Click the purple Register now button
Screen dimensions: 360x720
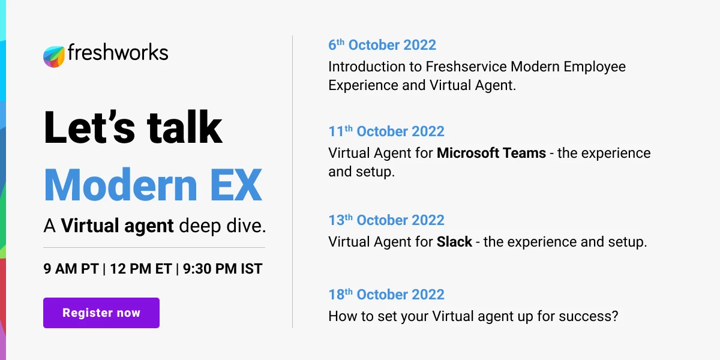click(101, 313)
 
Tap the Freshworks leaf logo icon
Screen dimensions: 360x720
click(54, 56)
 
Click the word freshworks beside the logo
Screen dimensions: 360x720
click(118, 53)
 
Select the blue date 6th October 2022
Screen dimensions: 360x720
click(382, 45)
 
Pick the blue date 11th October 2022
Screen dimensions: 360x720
click(386, 131)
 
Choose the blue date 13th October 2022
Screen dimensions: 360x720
click(386, 220)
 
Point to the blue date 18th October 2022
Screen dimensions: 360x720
click(386, 295)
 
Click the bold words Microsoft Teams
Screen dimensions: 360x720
click(491, 153)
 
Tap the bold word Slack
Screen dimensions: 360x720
click(451, 242)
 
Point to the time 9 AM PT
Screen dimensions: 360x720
click(71, 269)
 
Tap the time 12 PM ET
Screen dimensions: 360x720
click(141, 269)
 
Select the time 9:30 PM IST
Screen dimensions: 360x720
click(223, 269)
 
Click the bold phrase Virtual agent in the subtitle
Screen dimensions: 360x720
click(118, 226)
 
